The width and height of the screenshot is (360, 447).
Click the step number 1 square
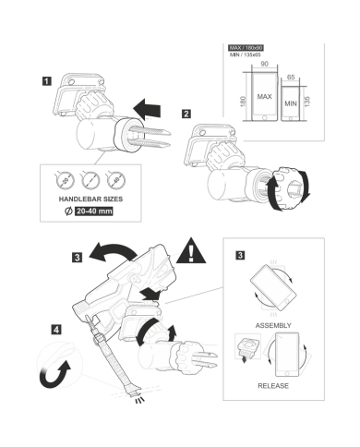[x=46, y=81]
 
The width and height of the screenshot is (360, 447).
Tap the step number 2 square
[x=186, y=114]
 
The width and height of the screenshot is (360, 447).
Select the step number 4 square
[x=56, y=330]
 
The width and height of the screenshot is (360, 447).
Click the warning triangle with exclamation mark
[x=191, y=251]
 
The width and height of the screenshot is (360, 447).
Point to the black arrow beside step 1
[x=147, y=109]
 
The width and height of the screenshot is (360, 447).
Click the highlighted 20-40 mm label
[x=94, y=211]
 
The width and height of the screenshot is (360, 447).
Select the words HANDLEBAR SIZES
[x=90, y=199]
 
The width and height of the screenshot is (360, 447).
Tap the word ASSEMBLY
[x=273, y=325]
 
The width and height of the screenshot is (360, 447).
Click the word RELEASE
[x=273, y=386]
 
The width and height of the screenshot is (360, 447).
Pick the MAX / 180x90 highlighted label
[x=246, y=48]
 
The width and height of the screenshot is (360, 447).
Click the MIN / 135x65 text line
[x=246, y=54]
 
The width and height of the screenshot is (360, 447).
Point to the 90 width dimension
[x=264, y=64]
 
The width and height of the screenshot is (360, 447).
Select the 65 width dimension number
[x=291, y=78]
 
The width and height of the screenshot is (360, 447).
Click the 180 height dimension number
[x=243, y=102]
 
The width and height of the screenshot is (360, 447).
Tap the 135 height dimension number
[x=306, y=102]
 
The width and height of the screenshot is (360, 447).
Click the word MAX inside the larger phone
[x=264, y=97]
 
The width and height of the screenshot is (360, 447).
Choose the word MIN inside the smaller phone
[x=291, y=103]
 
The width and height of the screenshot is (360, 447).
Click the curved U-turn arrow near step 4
[x=55, y=374]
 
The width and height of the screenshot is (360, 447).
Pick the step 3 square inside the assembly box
[x=240, y=255]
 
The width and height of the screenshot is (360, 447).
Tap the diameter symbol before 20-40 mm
[x=68, y=211]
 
